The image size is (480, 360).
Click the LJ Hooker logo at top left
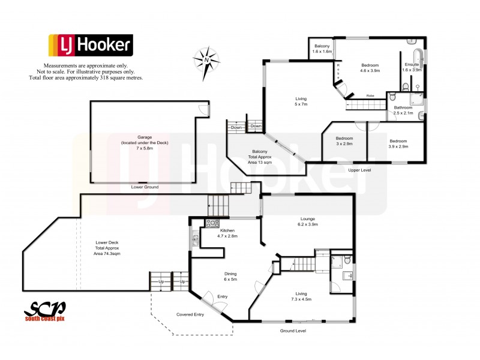pyautogui.click(x=91, y=46)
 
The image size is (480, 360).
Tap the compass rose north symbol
pyautogui.click(x=206, y=59)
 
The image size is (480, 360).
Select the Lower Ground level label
pyautogui.click(x=144, y=188)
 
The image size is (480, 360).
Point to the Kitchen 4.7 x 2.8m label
pyautogui.click(x=216, y=233)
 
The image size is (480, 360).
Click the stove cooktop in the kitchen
pyautogui.click(x=212, y=224)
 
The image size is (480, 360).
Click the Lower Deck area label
pyautogui.click(x=108, y=248)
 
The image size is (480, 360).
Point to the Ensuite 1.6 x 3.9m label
pyautogui.click(x=412, y=67)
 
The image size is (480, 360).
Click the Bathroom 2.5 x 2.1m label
pyautogui.click(x=403, y=110)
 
